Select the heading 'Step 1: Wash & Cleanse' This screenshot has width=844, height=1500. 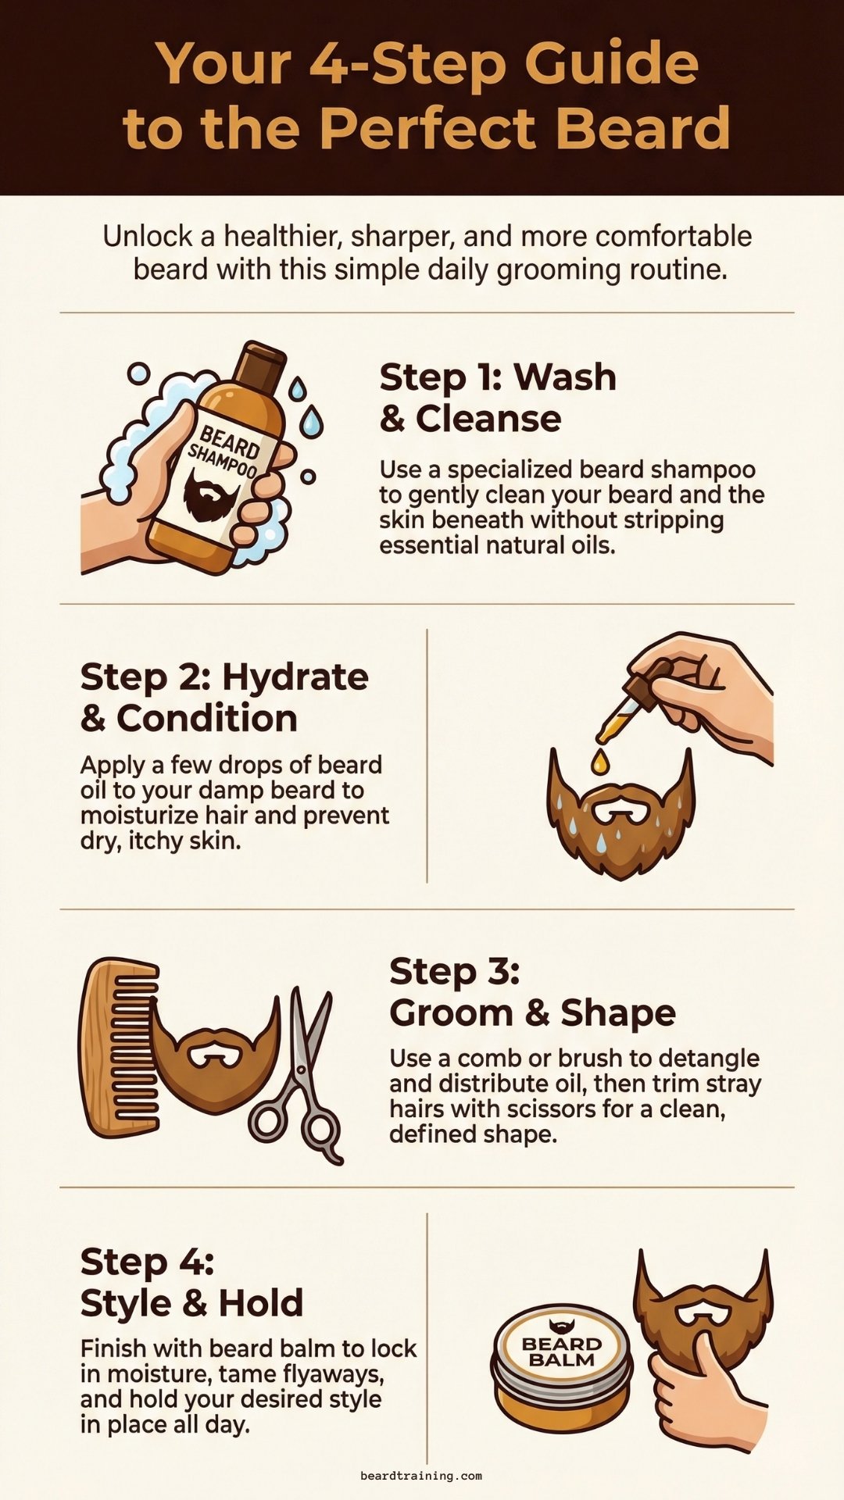click(x=497, y=398)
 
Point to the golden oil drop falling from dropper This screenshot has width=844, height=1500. click(x=599, y=761)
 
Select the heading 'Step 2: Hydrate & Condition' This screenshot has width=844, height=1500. click(x=224, y=697)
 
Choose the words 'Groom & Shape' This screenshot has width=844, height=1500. click(x=532, y=1013)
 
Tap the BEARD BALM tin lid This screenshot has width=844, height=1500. click(x=561, y=1351)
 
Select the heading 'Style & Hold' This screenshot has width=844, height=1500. click(x=191, y=1303)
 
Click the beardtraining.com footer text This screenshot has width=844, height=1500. click(x=421, y=1476)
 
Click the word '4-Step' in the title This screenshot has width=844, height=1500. click(x=407, y=64)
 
